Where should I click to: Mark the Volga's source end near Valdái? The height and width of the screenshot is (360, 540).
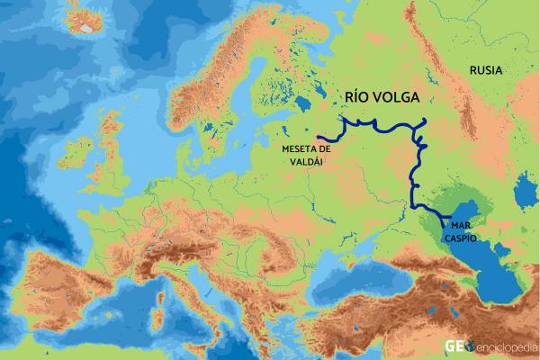[319, 138]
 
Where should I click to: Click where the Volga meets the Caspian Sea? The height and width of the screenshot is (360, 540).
[441, 219]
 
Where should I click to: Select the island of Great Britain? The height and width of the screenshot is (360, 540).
[113, 153]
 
